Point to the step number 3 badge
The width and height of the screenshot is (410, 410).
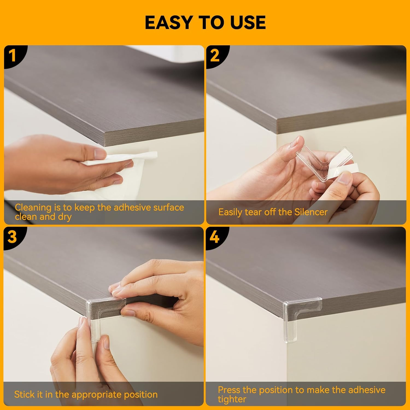(x=12, y=236)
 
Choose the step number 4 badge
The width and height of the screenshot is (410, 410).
(x=215, y=236)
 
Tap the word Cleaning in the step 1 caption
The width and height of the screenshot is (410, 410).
(x=33, y=208)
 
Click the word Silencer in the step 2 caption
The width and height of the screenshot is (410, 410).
(x=311, y=212)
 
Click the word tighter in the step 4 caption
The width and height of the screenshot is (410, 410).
(x=232, y=399)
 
